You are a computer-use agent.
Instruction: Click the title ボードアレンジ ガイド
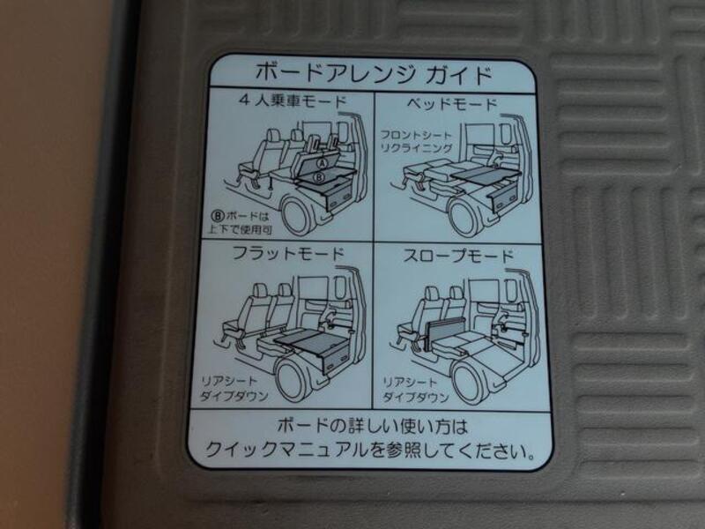[x=371, y=71]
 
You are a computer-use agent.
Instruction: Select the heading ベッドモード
[x=452, y=104]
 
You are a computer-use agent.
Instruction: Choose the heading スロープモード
[x=458, y=257]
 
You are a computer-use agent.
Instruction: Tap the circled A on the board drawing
[x=323, y=163]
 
